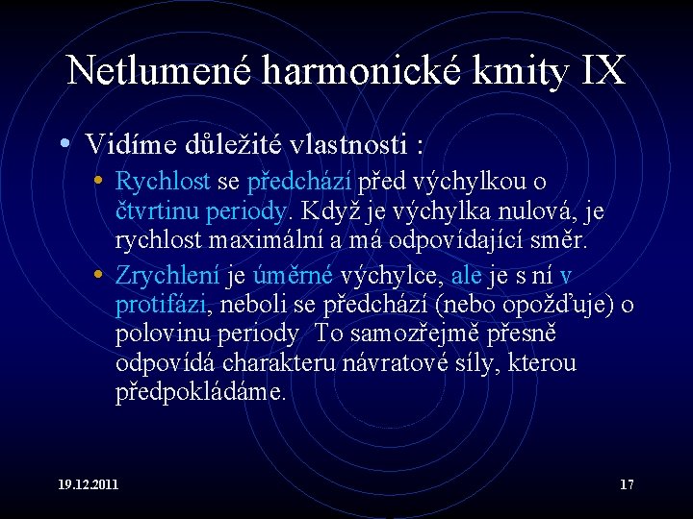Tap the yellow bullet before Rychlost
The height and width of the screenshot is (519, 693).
(99, 181)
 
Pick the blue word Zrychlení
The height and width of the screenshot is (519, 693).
(167, 277)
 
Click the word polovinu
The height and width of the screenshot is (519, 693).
(161, 334)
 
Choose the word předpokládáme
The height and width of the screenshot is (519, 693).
(200, 392)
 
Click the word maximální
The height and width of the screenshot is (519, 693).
(249, 238)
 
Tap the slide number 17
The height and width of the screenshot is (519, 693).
(627, 484)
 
